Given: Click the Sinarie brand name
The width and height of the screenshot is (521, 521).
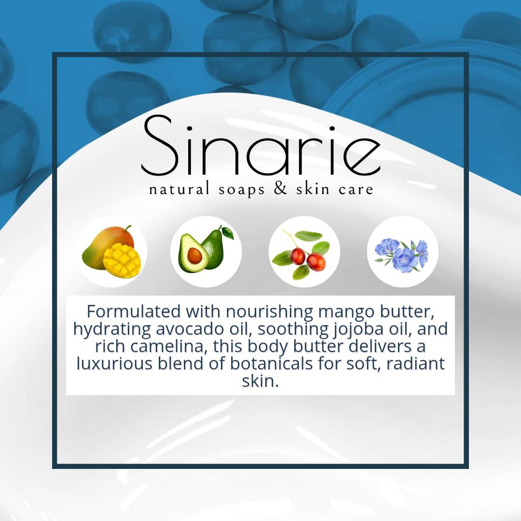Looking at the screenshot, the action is pos(261,146).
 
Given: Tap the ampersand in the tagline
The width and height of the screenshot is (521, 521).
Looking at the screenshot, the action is pos(281,189).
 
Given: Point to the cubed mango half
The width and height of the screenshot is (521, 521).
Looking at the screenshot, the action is pos(122,260).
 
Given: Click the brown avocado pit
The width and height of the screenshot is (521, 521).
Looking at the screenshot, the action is pos(194,255).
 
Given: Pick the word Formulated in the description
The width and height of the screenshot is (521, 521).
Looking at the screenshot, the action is pos(134,312).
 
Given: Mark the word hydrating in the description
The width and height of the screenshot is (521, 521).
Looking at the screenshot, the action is pos(112,329).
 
